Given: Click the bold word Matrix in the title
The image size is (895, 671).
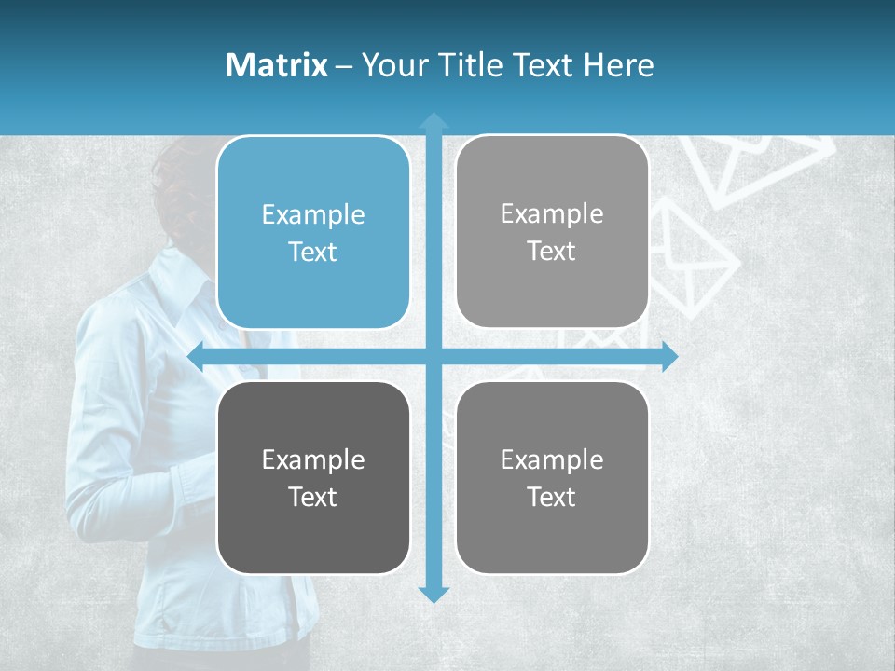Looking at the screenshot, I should (x=277, y=65).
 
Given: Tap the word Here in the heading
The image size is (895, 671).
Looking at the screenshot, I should (x=618, y=65).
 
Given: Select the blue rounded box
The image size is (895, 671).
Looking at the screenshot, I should (x=313, y=232).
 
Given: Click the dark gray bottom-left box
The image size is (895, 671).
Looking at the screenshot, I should (x=313, y=477).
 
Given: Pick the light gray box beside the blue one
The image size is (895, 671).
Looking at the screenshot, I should (x=552, y=231).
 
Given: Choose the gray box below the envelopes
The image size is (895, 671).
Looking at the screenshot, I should (x=552, y=477).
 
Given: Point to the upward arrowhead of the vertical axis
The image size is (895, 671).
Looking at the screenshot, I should (x=434, y=121).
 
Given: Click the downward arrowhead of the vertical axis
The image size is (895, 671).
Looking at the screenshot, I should (x=434, y=594).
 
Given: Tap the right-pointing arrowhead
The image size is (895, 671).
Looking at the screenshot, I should (x=669, y=356).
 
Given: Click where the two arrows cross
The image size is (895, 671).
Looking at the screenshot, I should (x=434, y=356).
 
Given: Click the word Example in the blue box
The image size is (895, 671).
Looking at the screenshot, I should (x=313, y=214).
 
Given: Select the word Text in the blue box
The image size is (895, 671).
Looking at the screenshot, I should (x=313, y=252).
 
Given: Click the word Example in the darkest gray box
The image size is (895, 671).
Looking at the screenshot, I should (x=313, y=459).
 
